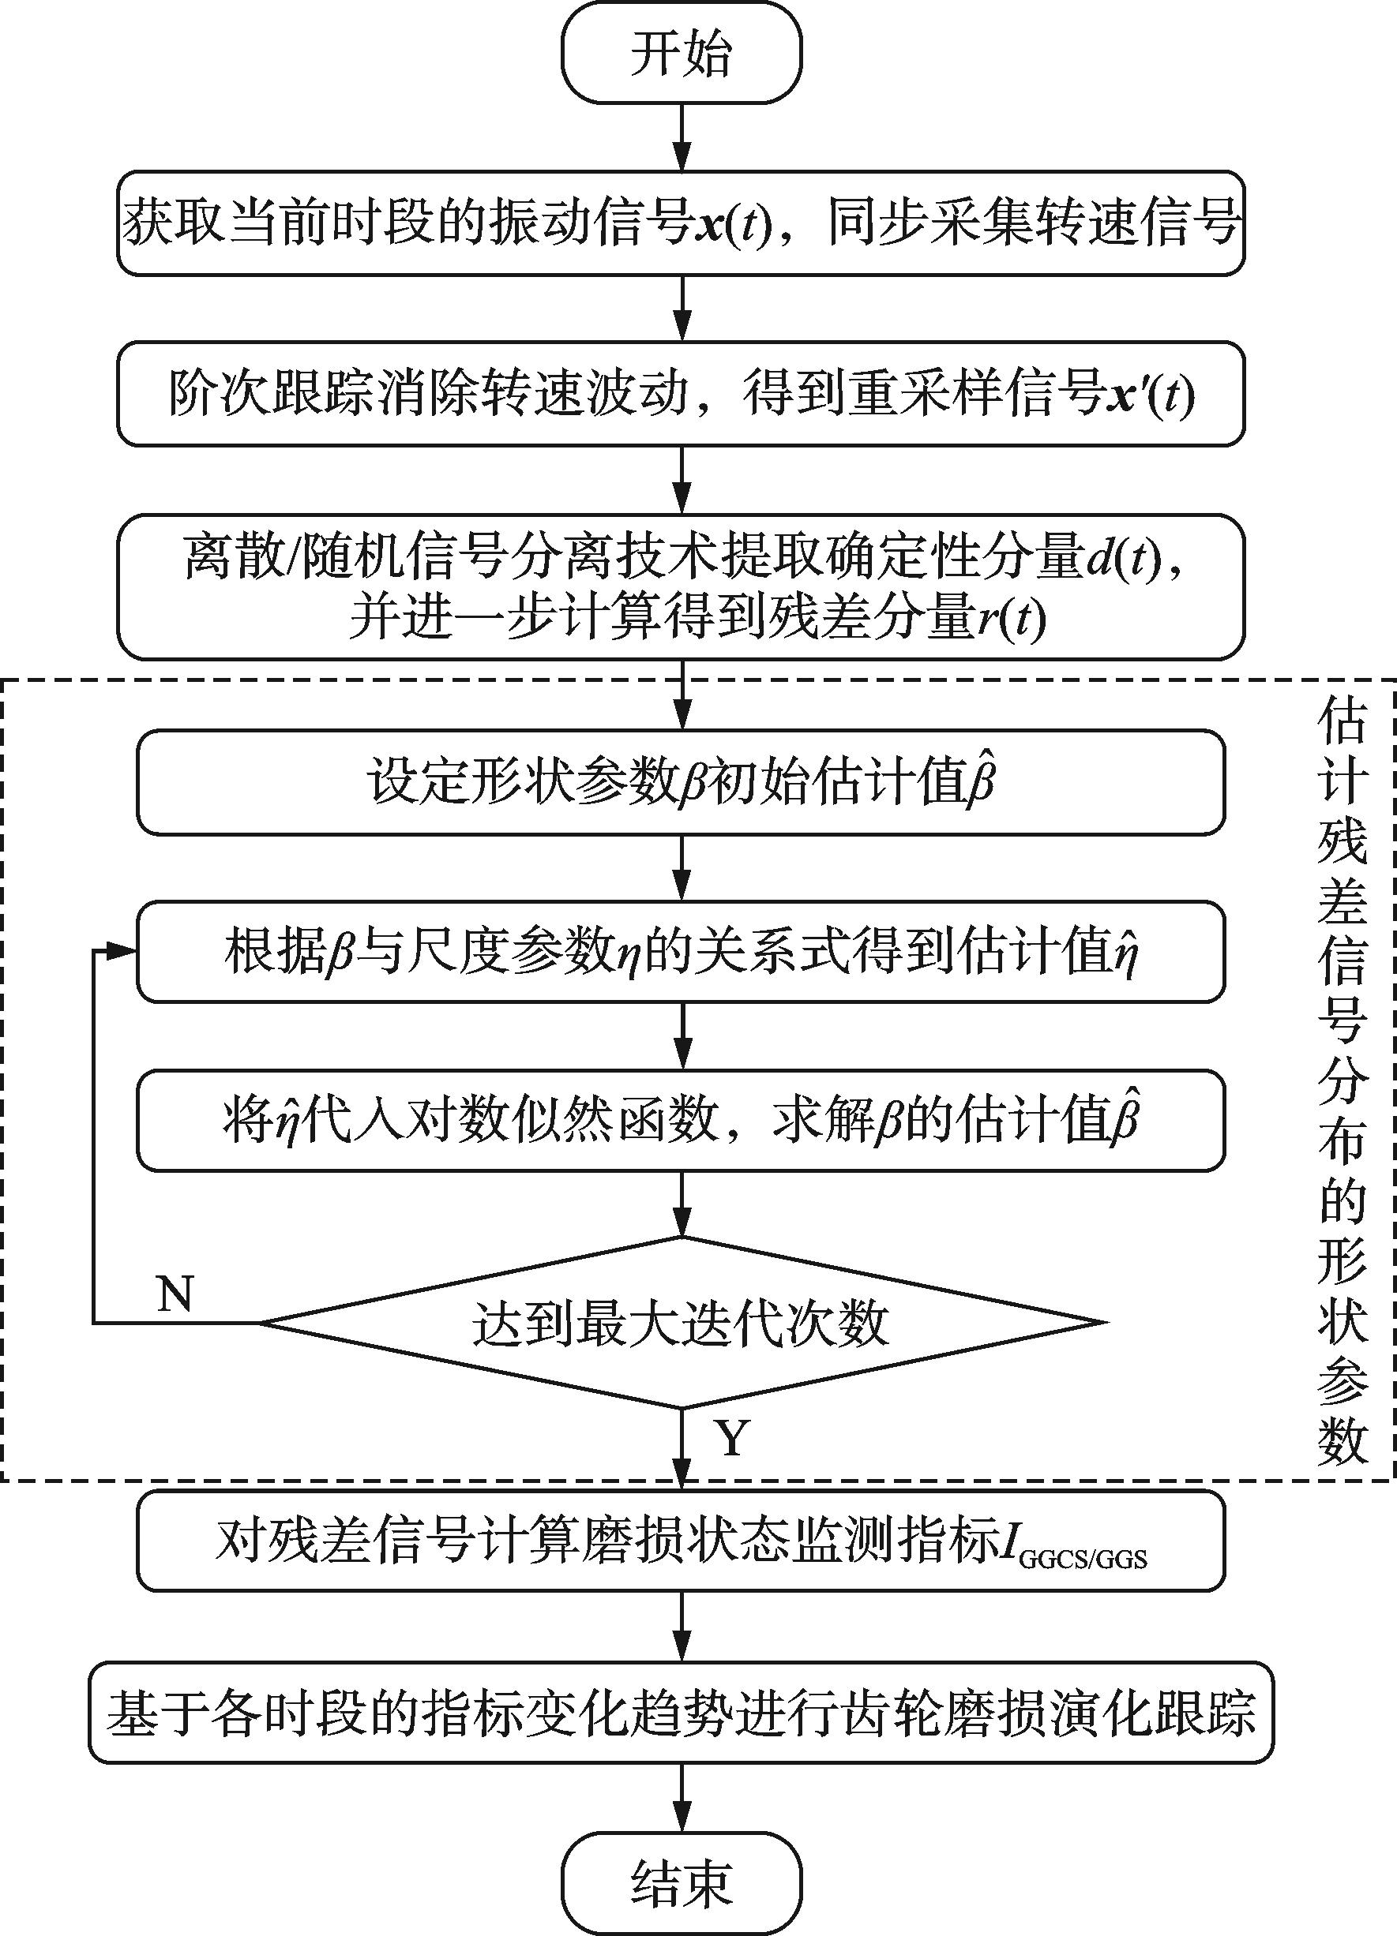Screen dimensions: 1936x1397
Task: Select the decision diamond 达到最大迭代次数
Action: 681,1322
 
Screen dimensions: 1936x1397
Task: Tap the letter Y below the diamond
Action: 733,1437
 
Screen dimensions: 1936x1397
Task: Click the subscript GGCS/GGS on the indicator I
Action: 1083,1560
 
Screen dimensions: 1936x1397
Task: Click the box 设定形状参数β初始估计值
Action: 681,782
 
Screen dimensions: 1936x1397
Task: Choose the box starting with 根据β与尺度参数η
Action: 681,951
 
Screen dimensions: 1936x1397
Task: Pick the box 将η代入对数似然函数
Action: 681,1120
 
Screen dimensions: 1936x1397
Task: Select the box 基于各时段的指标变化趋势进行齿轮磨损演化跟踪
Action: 681,1713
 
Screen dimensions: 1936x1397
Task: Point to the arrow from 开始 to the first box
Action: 681,137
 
